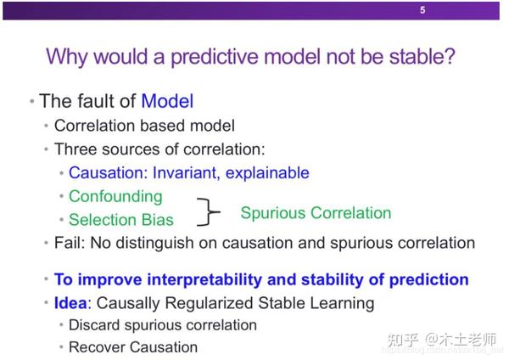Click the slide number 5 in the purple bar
(422, 10)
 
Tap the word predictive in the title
(215, 57)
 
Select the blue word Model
(167, 101)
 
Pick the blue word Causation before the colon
(106, 172)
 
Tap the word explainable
(267, 173)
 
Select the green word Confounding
(115, 197)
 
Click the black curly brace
(208, 211)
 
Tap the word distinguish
(154, 244)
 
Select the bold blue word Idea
(70, 303)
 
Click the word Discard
(94, 325)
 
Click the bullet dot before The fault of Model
(32, 101)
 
